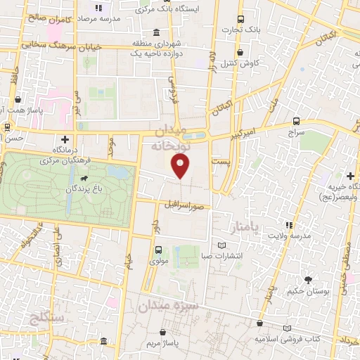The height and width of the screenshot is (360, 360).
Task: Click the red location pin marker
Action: click(181, 167)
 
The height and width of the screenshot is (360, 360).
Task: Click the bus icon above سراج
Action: click(297, 121)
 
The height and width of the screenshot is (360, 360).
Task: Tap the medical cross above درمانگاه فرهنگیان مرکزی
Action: click(65, 139)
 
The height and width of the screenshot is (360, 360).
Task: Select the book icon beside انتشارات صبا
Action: click(223, 244)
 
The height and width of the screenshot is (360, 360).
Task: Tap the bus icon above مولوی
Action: click(157, 250)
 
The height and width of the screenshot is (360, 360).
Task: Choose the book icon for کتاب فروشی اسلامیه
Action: click(287, 328)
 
